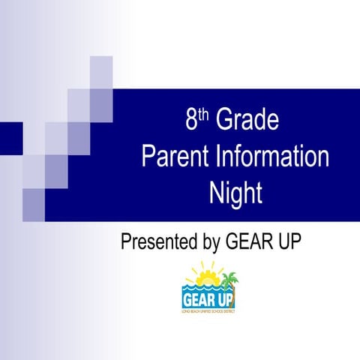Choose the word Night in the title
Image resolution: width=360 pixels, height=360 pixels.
[x=235, y=193]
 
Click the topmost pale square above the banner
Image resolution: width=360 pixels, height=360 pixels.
[x=101, y=72]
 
